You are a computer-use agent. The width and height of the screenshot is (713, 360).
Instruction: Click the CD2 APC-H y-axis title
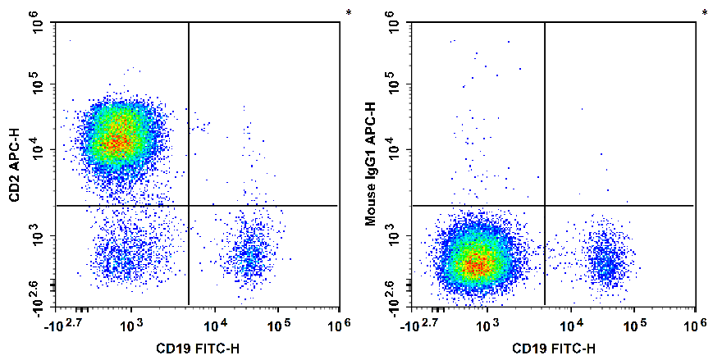coord(14,164)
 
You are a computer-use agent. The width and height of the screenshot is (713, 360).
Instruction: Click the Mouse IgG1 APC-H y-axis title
coord(370,164)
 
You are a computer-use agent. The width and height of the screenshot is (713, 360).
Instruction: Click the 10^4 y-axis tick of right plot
coord(395,150)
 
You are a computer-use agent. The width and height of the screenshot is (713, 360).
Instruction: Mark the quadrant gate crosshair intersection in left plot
coord(189,205)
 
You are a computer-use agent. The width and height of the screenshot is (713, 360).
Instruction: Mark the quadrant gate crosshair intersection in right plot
coord(545,205)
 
